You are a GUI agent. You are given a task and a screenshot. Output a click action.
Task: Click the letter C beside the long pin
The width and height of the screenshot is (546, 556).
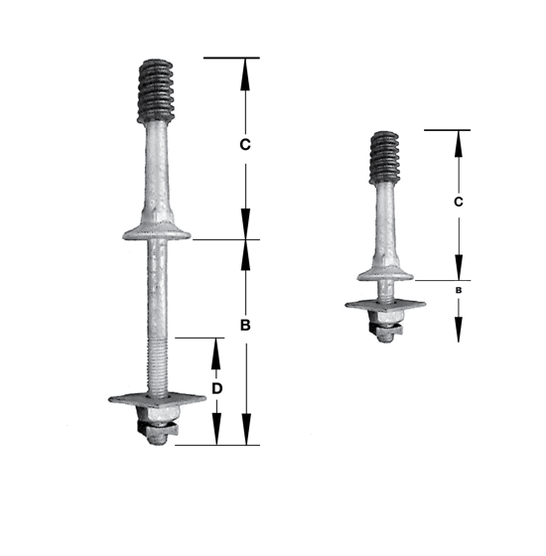245,145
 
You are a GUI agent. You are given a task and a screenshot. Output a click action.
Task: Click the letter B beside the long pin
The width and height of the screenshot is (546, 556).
245,325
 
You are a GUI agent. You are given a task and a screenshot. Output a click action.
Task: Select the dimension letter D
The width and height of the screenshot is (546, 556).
216,388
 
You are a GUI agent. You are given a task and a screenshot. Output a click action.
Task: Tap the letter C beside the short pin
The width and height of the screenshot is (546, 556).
459,202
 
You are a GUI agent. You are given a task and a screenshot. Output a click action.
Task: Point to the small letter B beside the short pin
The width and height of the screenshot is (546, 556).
459,290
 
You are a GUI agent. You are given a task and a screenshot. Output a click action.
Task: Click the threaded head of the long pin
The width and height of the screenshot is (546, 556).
156,90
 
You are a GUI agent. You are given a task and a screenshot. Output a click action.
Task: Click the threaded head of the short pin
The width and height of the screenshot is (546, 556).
385,158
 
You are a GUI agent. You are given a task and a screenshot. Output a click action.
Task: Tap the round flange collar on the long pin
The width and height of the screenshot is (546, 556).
157,233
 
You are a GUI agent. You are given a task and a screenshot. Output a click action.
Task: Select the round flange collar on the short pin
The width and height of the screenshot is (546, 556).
385,275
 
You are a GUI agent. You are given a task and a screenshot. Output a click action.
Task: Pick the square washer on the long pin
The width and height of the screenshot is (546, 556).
157,399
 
